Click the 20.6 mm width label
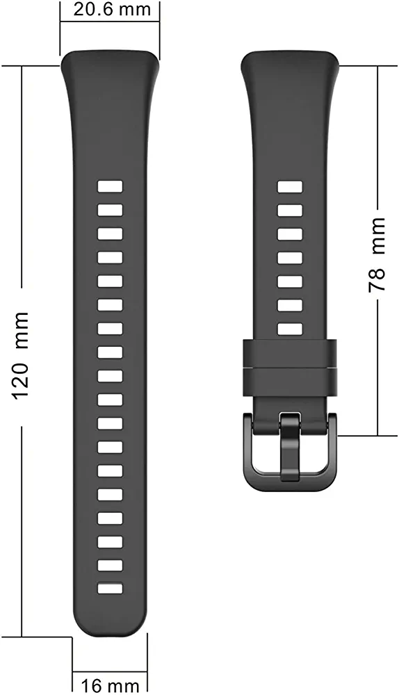coord(112,9)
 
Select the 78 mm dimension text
coord(377,254)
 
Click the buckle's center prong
coord(290,446)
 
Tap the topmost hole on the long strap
coord(110,186)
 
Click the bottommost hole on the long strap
coord(110,588)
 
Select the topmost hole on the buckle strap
coord(290,186)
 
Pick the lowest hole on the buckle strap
coord(290,329)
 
